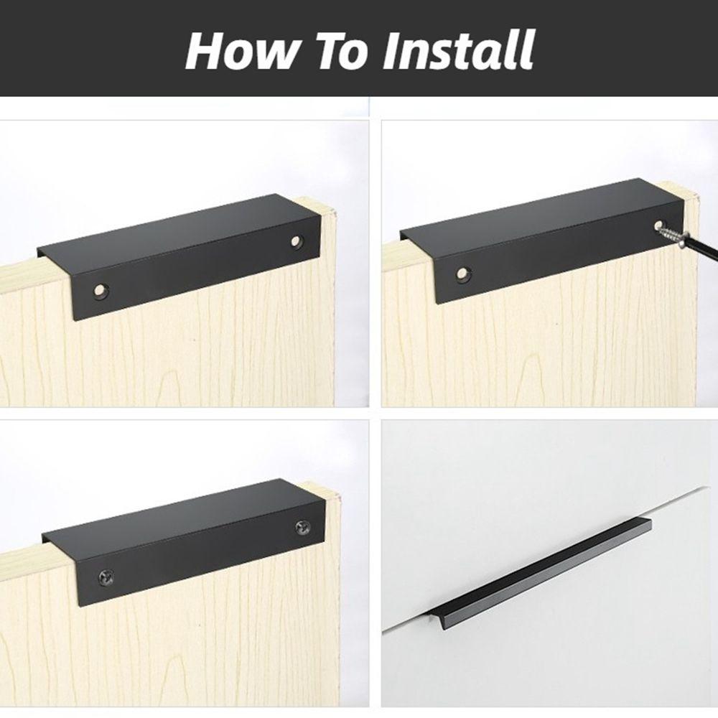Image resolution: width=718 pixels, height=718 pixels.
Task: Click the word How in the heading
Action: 241,50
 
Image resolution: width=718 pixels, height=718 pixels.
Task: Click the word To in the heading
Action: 339,50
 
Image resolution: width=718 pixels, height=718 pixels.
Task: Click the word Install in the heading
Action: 457,50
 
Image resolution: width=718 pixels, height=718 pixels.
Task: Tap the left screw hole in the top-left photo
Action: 99,290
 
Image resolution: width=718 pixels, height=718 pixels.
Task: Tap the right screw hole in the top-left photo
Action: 297,241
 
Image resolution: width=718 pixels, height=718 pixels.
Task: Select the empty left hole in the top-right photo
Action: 463,274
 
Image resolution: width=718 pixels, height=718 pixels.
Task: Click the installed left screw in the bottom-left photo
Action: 105,578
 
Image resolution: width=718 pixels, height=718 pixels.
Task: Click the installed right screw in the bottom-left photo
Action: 302,526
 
